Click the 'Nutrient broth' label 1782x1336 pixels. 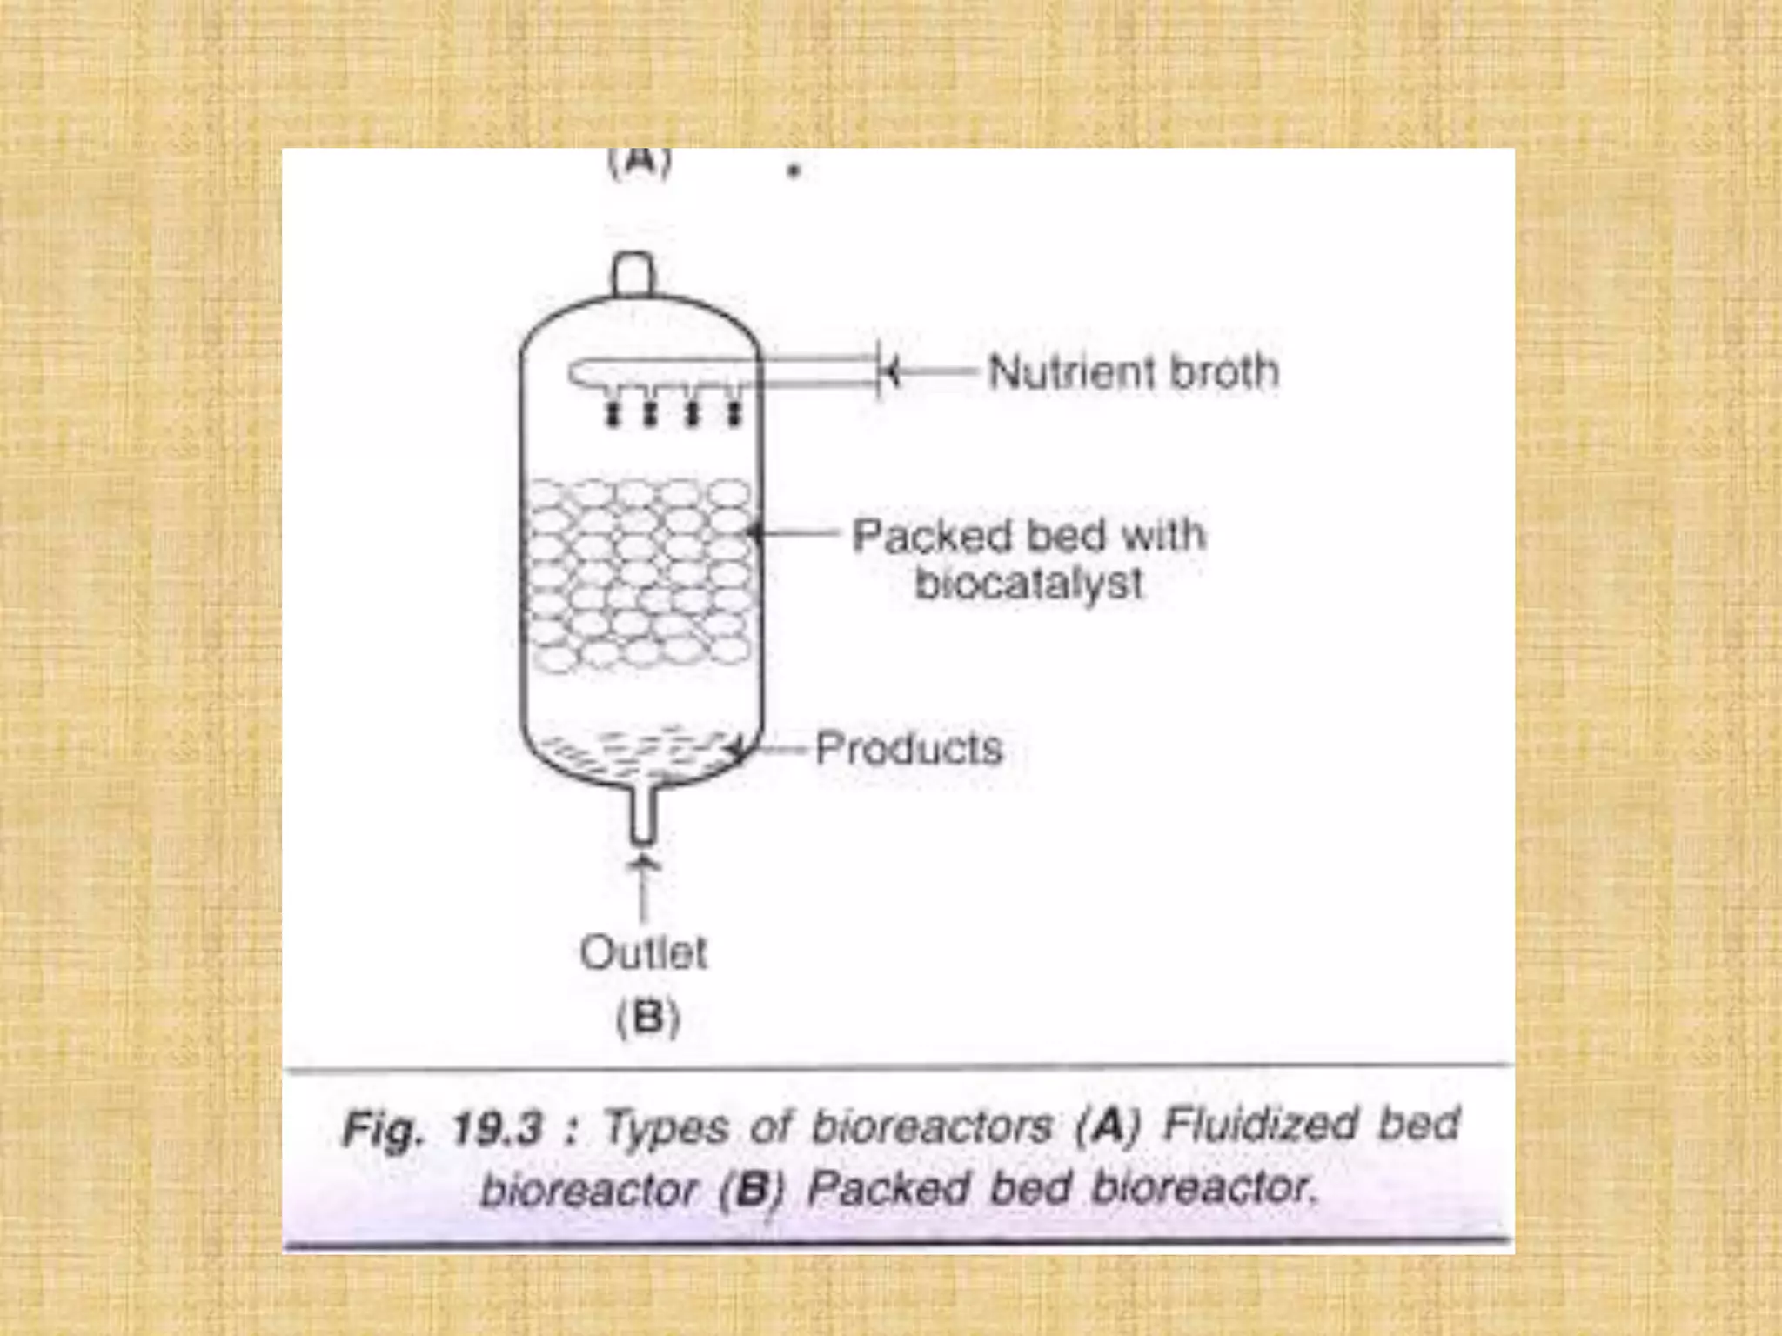[1133, 371]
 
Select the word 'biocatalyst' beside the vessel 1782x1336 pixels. [1028, 583]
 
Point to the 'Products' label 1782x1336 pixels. [908, 748]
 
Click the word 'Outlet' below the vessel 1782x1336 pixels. [643, 952]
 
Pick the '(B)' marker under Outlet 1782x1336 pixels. [647, 1017]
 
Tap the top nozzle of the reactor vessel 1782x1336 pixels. [634, 274]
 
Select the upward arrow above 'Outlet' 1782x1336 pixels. [643, 887]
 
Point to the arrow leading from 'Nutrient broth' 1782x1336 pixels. [931, 372]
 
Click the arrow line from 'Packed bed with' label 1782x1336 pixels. [796, 533]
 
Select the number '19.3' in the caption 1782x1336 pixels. [496, 1129]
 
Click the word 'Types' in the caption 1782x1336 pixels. [667, 1128]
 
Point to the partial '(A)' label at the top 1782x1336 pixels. [640, 164]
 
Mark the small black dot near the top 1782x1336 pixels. [793, 172]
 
